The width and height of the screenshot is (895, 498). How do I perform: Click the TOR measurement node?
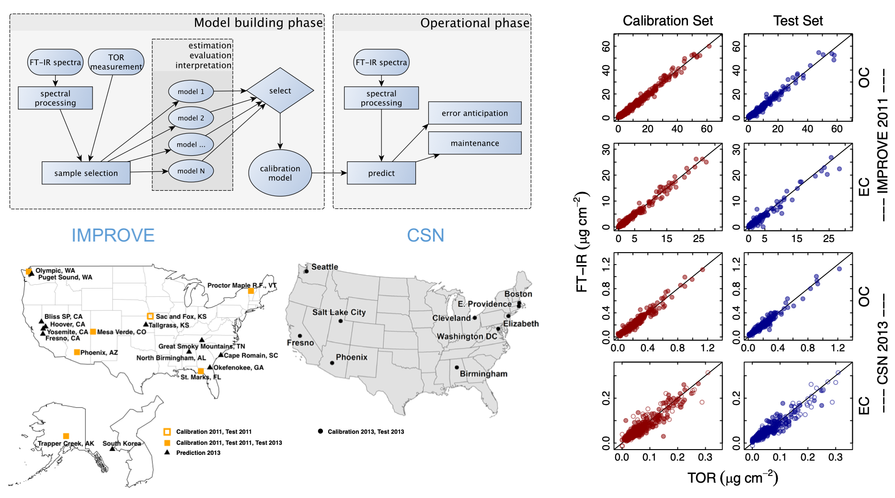click(116, 62)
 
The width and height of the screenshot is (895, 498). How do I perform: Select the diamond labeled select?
click(280, 91)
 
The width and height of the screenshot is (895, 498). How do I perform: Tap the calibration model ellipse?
click(280, 173)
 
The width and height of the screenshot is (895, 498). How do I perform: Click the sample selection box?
click(86, 173)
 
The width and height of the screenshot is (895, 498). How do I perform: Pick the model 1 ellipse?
click(191, 92)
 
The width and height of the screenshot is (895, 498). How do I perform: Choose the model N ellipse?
click(191, 171)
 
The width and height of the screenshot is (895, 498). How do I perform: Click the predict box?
click(381, 173)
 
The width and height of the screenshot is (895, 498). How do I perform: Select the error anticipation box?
click(475, 113)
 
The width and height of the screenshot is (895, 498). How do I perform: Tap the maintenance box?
click(475, 143)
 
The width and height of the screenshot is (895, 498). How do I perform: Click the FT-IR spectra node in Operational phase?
click(381, 62)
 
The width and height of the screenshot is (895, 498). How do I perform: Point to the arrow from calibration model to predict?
click(329, 173)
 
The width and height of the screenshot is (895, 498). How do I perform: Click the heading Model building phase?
click(258, 23)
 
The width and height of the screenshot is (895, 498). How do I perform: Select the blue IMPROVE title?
click(113, 235)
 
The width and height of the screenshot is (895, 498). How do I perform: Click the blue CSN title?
click(425, 235)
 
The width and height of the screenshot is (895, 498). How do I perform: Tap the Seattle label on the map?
click(324, 267)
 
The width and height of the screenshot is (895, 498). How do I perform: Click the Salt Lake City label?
click(339, 313)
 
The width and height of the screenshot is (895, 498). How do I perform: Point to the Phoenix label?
click(351, 357)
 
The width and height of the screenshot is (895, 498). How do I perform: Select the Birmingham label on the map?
click(483, 374)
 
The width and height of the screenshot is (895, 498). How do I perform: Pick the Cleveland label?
click(451, 318)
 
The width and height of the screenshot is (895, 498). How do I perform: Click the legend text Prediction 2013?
click(198, 452)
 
